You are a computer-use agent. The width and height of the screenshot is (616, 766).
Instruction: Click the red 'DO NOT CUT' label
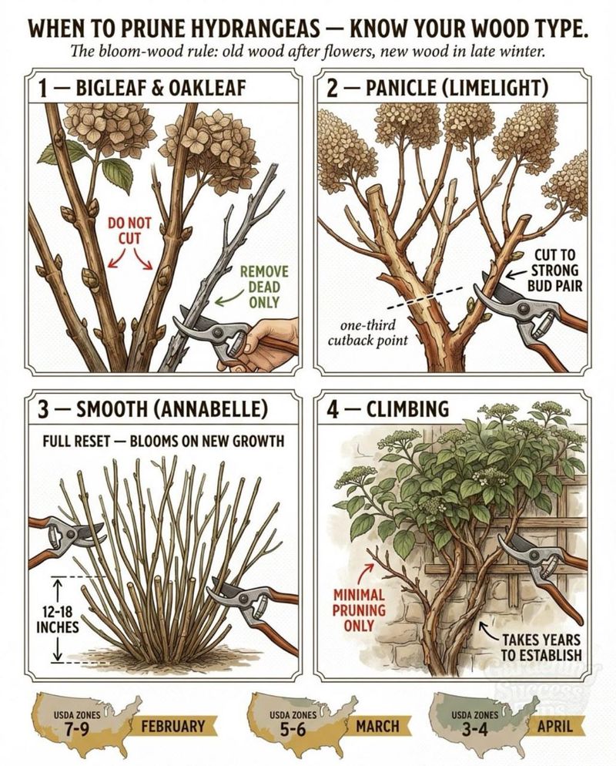click(129, 230)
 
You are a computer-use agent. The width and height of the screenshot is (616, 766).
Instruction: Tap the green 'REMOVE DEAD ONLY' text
click(264, 287)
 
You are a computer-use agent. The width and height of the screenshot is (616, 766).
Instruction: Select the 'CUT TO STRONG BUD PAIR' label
click(555, 270)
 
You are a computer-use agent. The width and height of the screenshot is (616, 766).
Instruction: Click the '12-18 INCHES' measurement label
click(58, 619)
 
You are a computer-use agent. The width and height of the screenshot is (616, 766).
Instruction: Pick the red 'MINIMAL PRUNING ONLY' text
click(359, 610)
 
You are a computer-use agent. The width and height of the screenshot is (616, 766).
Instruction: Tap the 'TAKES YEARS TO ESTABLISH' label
click(541, 647)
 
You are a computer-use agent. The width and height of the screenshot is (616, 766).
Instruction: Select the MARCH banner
click(377, 726)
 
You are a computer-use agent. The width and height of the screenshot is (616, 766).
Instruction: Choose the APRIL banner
click(555, 726)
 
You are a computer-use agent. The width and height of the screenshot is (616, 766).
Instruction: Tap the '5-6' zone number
click(293, 730)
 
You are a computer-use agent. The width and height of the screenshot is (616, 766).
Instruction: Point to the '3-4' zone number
click(475, 730)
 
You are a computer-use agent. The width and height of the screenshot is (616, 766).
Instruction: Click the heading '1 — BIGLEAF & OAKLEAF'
click(142, 89)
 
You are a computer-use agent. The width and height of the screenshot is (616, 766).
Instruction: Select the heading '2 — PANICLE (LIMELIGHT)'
click(437, 89)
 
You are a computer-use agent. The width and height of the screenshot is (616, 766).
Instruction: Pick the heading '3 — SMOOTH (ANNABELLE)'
click(152, 409)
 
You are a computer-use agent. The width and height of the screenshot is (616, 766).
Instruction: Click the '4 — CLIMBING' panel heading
click(387, 409)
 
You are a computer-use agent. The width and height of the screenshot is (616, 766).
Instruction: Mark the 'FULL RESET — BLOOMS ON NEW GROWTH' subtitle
click(163, 441)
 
